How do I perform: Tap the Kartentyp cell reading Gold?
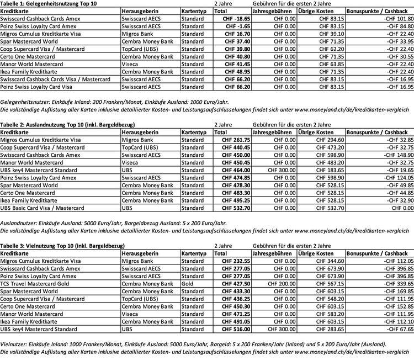point(188,283)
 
